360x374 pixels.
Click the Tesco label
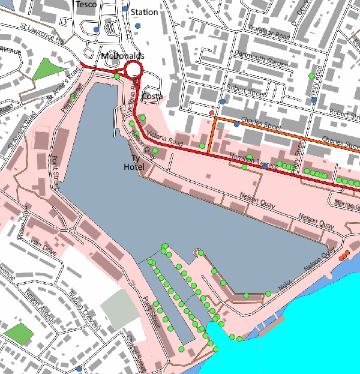click(x=87, y=4)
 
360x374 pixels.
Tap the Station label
click(x=144, y=12)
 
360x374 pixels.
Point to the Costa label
click(x=152, y=97)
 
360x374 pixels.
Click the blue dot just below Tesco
click(x=96, y=29)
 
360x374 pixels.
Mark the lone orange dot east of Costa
click(x=212, y=112)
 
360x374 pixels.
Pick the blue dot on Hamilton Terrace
click(x=265, y=166)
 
